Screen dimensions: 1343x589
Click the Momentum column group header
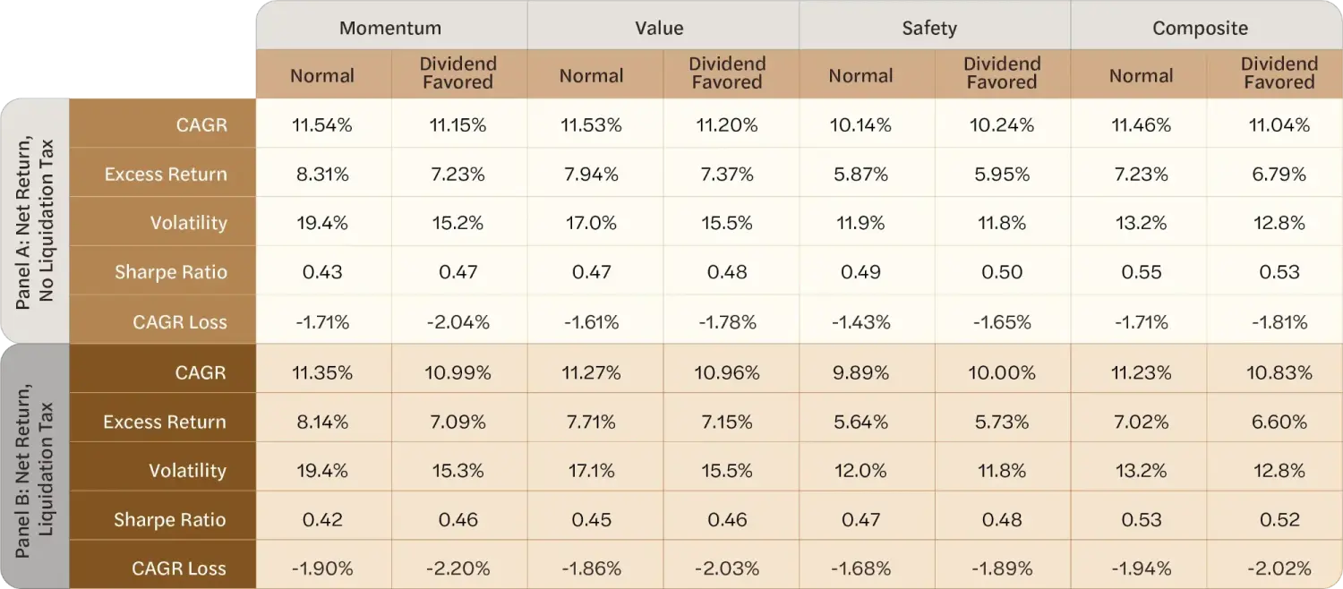tap(390, 28)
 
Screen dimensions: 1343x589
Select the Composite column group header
tap(1200, 28)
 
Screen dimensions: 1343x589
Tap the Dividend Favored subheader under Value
tap(727, 73)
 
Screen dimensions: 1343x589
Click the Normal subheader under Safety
tap(860, 75)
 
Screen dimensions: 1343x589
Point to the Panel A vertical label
tap(34, 222)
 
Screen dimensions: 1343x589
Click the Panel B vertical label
tap(34, 470)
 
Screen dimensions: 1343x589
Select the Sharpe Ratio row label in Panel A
tap(171, 272)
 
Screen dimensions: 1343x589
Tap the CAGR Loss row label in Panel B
tap(179, 568)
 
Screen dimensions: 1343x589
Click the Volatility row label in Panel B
tap(188, 470)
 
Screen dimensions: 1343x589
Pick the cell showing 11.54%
tap(322, 124)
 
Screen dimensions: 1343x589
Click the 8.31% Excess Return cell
tap(322, 174)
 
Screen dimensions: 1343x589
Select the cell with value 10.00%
tap(1001, 372)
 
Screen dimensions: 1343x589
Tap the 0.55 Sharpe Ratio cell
tap(1141, 272)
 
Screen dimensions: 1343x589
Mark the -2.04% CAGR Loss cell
tap(458, 322)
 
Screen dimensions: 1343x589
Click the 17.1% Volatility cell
tap(591, 470)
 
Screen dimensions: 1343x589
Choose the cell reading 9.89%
tap(860, 372)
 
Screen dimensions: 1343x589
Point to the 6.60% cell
tap(1279, 422)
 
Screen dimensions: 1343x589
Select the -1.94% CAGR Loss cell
tap(1141, 568)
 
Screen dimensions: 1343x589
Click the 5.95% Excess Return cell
tap(1001, 174)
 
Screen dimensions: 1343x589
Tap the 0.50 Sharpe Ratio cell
tap(1001, 272)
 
